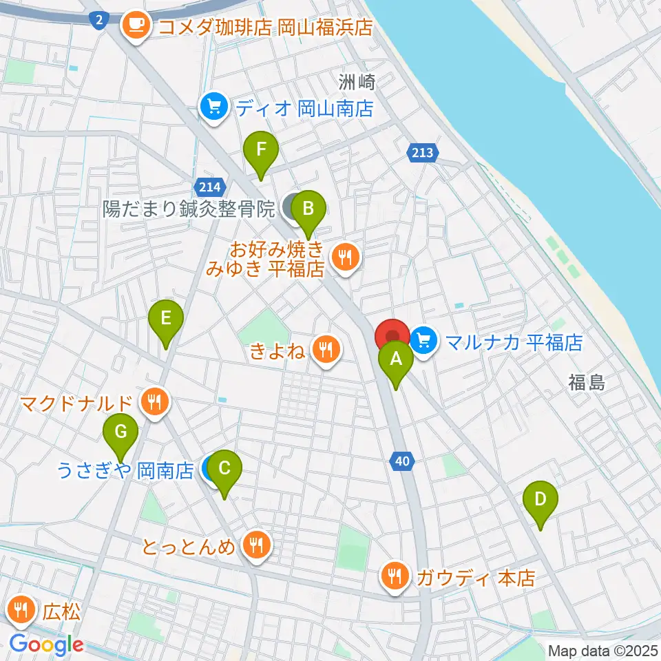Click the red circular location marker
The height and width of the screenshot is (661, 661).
392,337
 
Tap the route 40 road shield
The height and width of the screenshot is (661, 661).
403,460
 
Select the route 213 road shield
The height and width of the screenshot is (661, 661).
422,152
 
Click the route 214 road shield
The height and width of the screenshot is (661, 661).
209,187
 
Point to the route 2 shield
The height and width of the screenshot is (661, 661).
99,21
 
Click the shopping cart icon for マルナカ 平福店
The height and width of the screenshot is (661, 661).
423,339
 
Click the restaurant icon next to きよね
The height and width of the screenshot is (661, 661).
326,350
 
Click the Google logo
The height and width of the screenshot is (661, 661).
46,644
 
